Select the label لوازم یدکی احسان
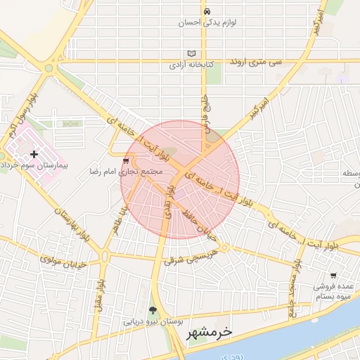pos(209,22)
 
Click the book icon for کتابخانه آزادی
pos(192,54)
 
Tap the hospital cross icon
pos(34,153)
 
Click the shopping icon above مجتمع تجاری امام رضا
pos(126,160)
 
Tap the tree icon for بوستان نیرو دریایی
pos(153,310)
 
